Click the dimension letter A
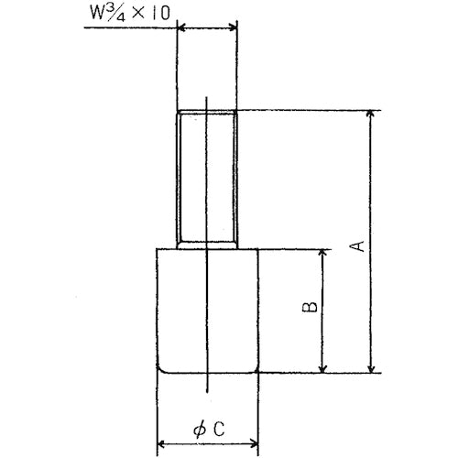(359, 245)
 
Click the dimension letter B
(310, 308)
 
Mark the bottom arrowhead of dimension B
(321, 367)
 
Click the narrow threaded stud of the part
(207, 179)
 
